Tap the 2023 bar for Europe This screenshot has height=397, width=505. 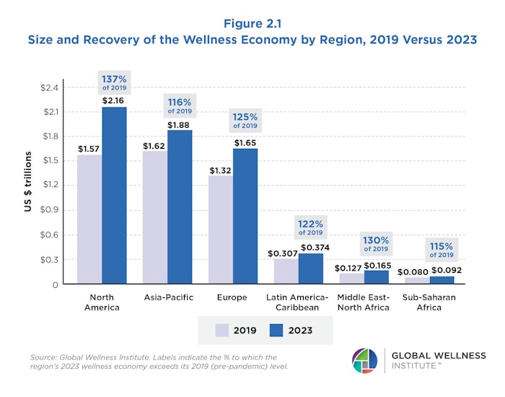click(x=245, y=216)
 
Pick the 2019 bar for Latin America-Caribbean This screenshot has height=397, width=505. click(x=286, y=271)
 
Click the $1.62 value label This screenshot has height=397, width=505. click(x=155, y=145)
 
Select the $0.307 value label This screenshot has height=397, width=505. click(x=282, y=253)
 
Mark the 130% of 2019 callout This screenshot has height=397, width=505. click(x=376, y=243)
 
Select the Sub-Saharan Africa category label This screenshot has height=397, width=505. click(x=442, y=302)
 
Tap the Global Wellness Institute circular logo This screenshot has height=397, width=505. click(x=364, y=360)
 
